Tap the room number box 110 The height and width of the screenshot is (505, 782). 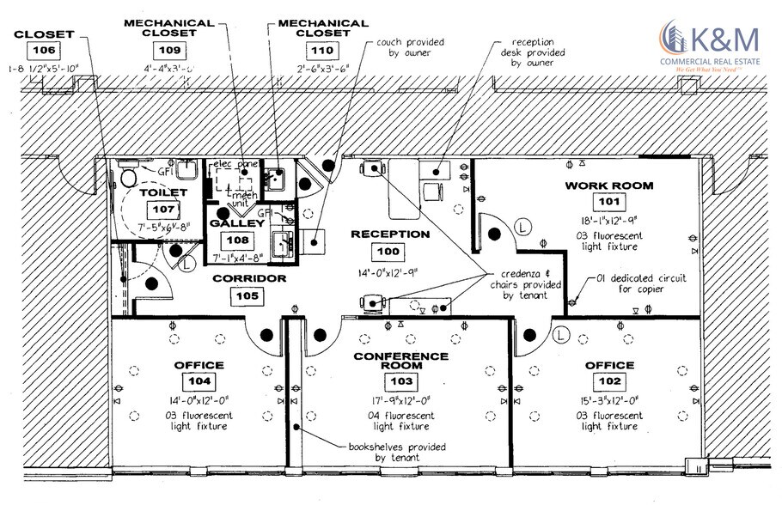[x=319, y=50]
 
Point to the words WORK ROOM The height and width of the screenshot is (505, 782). [x=608, y=186]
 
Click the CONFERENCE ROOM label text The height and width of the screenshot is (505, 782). [x=401, y=361]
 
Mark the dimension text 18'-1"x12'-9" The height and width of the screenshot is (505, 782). [x=608, y=220]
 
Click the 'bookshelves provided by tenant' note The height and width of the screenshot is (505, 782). [x=385, y=453]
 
